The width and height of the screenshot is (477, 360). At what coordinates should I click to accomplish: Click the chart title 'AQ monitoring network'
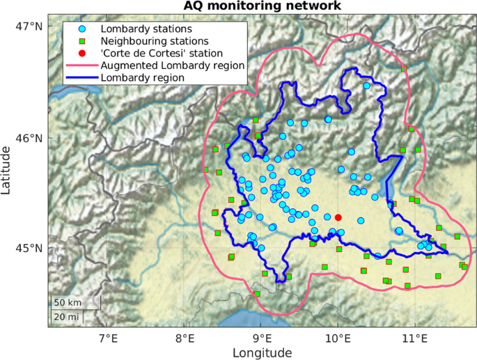[x=263, y=6]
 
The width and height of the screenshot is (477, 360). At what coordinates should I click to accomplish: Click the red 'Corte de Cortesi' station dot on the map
[x=338, y=217]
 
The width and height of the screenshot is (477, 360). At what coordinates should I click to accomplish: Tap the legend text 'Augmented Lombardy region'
[x=172, y=65]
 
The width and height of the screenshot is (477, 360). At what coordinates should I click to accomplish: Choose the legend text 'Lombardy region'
[x=143, y=77]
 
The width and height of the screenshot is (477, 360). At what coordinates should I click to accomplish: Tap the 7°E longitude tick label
[x=107, y=339]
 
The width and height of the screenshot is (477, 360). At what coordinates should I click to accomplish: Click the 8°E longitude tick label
[x=185, y=339]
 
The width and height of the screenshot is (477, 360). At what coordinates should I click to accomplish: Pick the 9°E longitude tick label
[x=261, y=339]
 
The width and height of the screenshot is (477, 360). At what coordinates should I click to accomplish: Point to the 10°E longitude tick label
[x=338, y=339]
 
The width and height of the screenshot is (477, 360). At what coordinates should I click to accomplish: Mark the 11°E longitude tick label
[x=415, y=339]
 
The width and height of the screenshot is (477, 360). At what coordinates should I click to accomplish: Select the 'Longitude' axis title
[x=262, y=353]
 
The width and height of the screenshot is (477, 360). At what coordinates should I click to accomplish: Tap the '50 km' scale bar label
[x=68, y=304]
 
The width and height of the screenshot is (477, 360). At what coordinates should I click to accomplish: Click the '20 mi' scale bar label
[x=68, y=318]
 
